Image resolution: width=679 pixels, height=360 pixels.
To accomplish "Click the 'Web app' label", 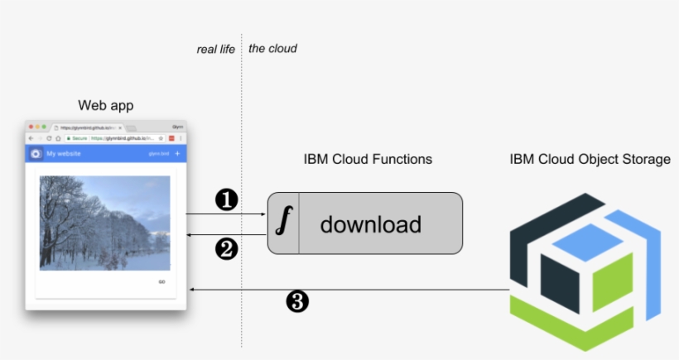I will pyautogui.click(x=105, y=106).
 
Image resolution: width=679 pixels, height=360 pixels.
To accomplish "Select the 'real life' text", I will pyautogui.click(x=215, y=49).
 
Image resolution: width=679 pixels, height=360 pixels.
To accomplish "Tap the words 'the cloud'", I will pyautogui.click(x=272, y=49).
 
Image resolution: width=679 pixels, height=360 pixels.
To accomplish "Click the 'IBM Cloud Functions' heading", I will pyautogui.click(x=368, y=159).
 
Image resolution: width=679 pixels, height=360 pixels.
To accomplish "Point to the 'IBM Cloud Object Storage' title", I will pyautogui.click(x=590, y=159).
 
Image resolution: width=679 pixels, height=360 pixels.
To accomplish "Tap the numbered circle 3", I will pyautogui.click(x=296, y=301).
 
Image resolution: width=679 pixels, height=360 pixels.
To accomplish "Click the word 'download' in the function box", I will pyautogui.click(x=370, y=223).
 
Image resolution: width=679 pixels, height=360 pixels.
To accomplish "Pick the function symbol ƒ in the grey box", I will pyautogui.click(x=284, y=223).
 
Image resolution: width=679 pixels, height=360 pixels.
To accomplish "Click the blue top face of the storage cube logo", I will pyautogui.click(x=588, y=242).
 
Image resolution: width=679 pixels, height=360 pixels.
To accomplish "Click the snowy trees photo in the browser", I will pyautogui.click(x=104, y=223).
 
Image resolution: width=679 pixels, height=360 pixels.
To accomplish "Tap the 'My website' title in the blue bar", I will pyautogui.click(x=63, y=153).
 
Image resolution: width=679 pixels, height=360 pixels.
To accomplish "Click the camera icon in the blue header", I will pyautogui.click(x=36, y=153).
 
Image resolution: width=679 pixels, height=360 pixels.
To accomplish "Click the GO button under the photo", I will pyautogui.click(x=161, y=282).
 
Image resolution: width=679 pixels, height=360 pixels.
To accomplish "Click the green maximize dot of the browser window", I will pyautogui.click(x=44, y=127).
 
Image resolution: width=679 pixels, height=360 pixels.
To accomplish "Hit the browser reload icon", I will pyautogui.click(x=49, y=138).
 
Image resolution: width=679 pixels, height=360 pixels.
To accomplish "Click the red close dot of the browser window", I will pyautogui.click(x=31, y=127).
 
